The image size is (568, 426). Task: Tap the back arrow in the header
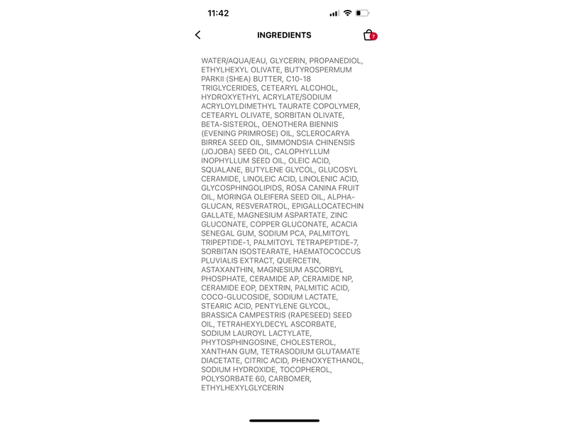tap(197, 35)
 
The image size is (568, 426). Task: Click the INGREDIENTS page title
tap(284, 35)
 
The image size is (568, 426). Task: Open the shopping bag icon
tap(368, 35)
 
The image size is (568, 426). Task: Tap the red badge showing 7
tap(373, 36)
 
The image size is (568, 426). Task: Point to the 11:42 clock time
tap(218, 13)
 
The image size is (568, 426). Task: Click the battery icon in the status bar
tap(363, 13)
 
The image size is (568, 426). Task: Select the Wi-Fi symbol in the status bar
tap(347, 13)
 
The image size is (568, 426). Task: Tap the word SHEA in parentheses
tap(242, 79)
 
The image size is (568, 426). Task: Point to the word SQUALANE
tap(222, 170)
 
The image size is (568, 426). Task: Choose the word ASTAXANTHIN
tap(226, 270)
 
